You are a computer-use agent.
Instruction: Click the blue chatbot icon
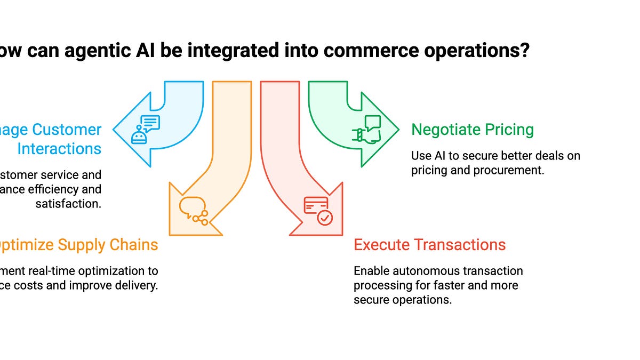point(145,130)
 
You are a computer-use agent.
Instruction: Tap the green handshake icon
point(366,130)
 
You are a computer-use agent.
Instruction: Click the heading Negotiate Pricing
point(473,130)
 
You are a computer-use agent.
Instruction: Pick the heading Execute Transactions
point(429,245)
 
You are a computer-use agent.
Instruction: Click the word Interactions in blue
point(59,149)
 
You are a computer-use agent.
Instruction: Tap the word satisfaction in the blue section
point(68,203)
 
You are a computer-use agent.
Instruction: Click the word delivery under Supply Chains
point(137,285)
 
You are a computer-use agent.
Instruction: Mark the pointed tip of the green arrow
point(398,130)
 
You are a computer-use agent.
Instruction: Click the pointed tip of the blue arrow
point(114,130)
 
